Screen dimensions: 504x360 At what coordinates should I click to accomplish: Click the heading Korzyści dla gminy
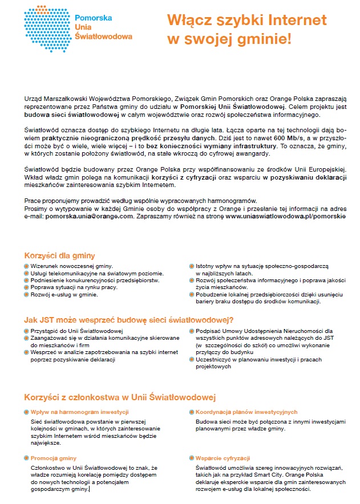point(59,255)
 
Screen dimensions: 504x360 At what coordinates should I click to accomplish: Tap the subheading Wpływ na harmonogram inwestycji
point(79,412)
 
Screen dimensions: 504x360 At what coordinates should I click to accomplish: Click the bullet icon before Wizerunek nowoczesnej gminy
point(26,266)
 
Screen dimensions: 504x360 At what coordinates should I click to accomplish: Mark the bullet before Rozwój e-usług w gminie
point(26,294)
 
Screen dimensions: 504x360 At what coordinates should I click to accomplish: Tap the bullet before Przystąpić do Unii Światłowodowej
point(26,331)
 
